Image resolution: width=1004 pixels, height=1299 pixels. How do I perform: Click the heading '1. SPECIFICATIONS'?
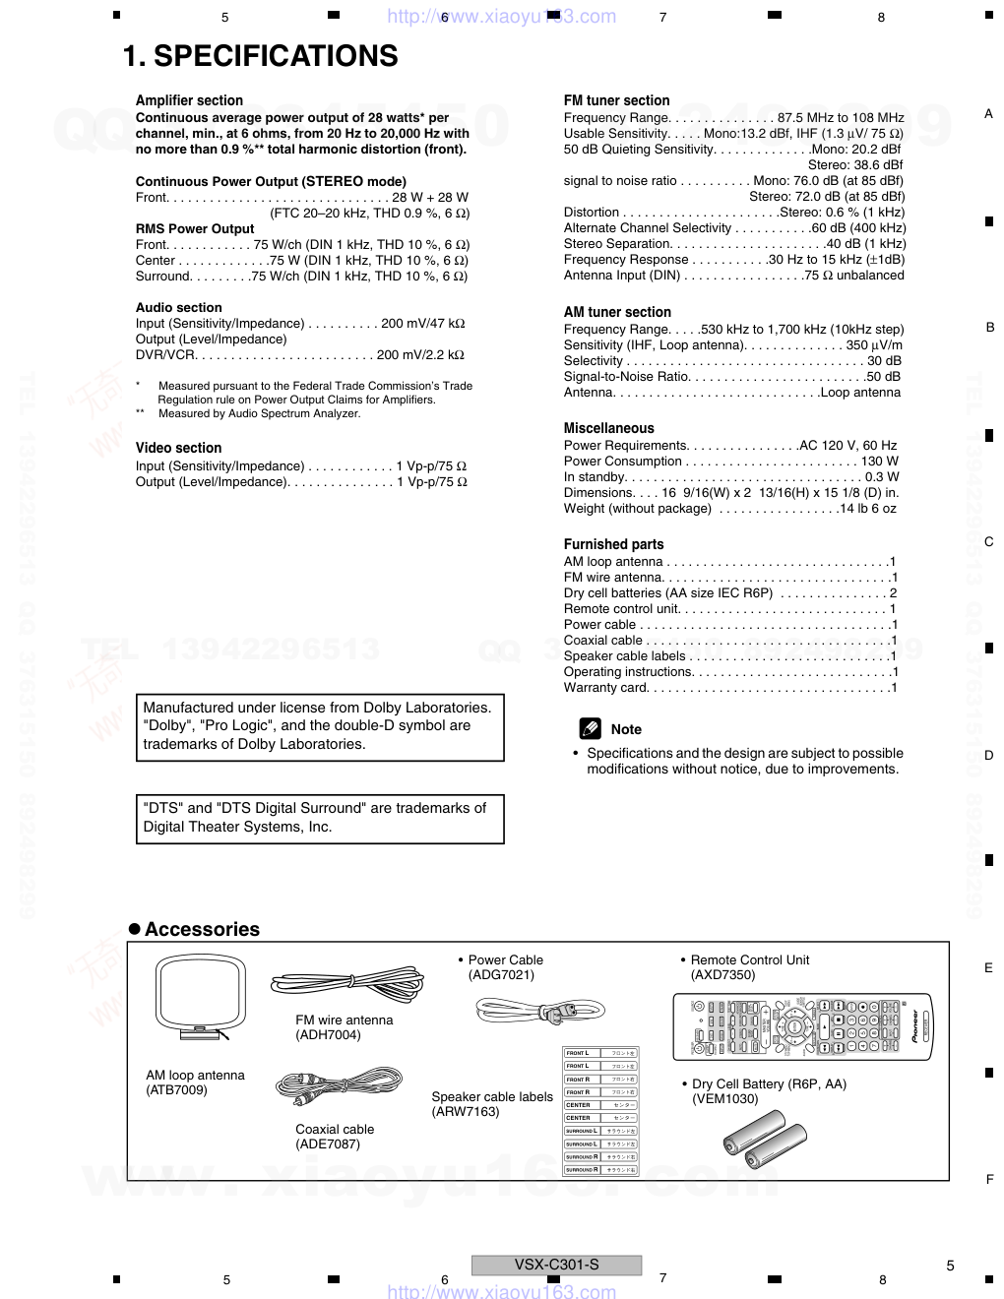tap(260, 56)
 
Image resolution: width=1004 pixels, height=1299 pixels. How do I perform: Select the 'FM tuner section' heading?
tap(616, 100)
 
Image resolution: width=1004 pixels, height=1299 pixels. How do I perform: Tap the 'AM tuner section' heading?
tap(617, 312)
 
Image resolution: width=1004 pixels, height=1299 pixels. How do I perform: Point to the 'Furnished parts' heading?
tap(613, 544)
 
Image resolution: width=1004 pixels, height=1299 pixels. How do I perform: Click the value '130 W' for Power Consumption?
tap(879, 462)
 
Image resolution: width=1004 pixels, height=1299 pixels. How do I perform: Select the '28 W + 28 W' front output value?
tap(430, 198)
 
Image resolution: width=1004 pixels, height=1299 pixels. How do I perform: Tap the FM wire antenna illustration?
tap(347, 982)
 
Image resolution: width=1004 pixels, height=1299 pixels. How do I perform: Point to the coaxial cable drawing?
tap(339, 1085)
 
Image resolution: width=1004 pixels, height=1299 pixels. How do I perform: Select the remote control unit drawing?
tap(802, 1026)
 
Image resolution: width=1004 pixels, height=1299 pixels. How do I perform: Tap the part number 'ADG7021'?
tap(501, 975)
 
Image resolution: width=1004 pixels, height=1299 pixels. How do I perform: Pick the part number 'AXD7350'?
tap(722, 975)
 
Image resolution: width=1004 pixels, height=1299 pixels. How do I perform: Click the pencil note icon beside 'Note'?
tap(590, 729)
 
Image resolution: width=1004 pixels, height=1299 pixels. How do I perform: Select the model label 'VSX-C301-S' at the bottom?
tap(556, 1265)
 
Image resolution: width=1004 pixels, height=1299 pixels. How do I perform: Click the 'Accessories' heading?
tap(202, 929)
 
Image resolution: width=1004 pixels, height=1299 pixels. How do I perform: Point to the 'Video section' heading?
tap(178, 448)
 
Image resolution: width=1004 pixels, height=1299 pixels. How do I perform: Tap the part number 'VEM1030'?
tap(724, 1099)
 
